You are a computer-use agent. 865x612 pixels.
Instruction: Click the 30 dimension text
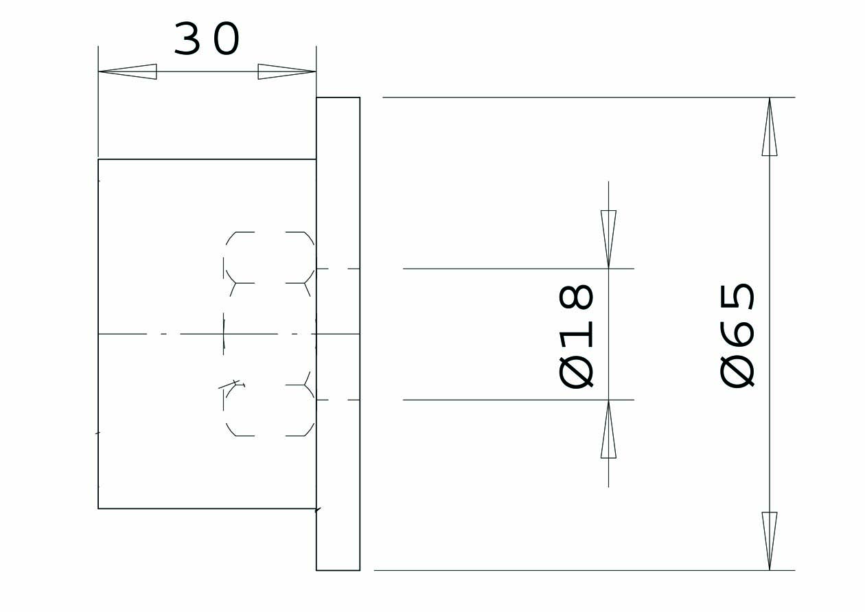coord(207,38)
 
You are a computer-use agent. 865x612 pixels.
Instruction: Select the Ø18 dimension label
coord(575,336)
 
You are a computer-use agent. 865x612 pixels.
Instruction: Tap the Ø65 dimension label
coord(737,335)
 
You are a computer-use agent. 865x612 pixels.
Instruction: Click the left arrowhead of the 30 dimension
coord(128,71)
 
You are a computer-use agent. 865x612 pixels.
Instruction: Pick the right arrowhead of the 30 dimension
coord(287,71)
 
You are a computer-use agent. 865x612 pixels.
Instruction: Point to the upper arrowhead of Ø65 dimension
coord(770,126)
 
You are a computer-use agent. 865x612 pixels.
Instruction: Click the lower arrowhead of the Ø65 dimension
coord(770,541)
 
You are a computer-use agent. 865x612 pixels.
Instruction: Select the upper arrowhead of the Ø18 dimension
coord(608,239)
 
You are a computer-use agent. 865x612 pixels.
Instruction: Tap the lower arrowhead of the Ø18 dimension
coord(608,429)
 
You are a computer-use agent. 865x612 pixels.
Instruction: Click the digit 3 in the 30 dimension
coord(187,38)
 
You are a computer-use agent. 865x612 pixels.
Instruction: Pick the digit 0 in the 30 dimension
coord(227,38)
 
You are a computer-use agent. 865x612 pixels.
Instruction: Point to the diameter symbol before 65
coord(737,372)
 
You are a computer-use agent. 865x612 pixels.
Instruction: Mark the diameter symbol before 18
coord(575,372)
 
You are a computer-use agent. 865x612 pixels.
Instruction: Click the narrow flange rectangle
coord(338,334)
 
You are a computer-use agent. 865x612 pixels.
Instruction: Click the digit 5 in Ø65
coord(737,296)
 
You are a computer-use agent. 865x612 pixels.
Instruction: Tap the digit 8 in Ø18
coord(575,297)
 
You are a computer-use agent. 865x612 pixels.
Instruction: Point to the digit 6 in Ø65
coord(737,333)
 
